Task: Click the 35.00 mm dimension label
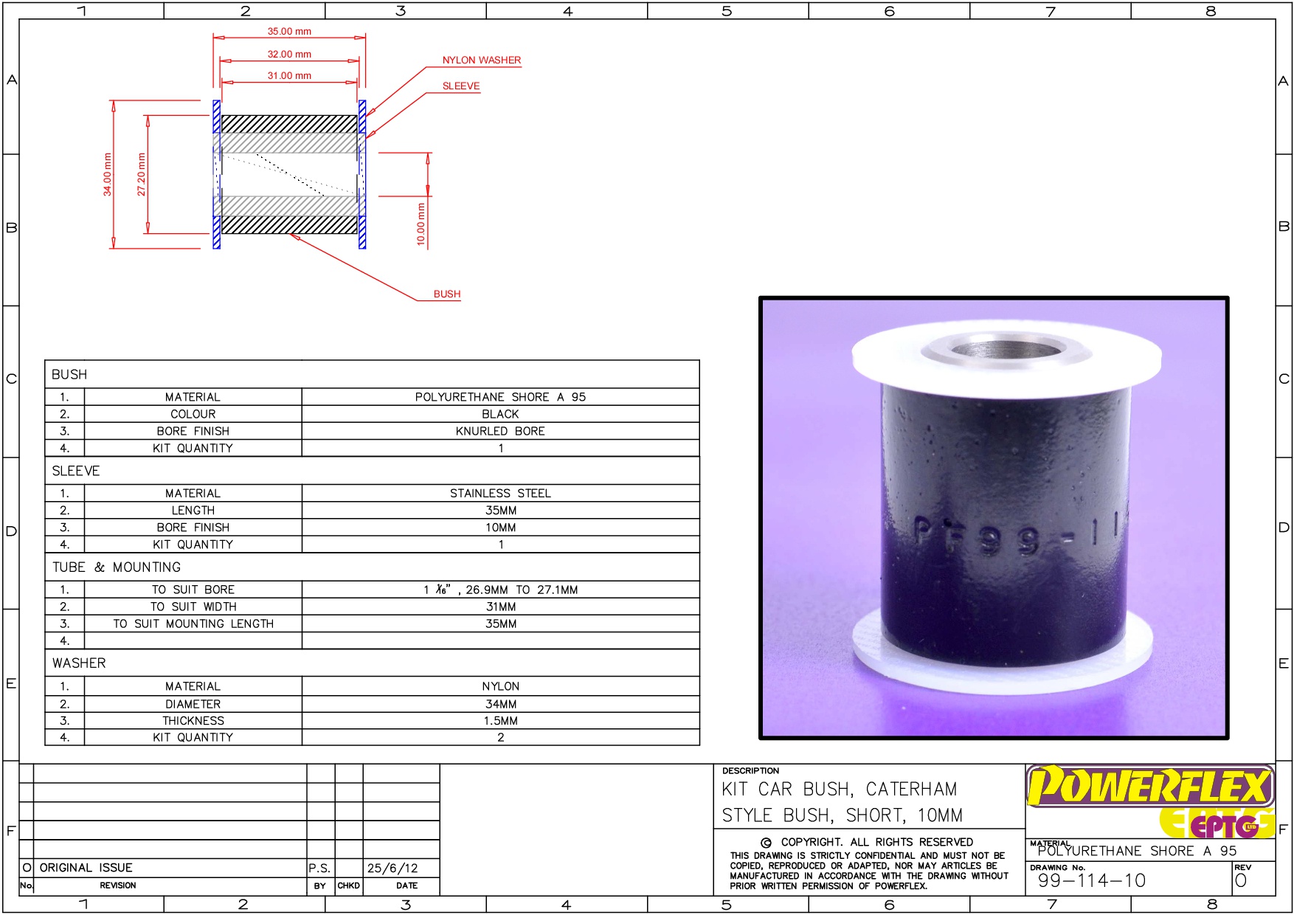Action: (289, 32)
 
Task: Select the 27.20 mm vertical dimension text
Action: (142, 174)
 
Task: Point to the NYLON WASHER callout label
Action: (481, 61)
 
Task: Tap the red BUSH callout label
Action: (446, 294)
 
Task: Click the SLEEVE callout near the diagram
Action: (461, 86)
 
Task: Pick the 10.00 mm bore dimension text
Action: (421, 224)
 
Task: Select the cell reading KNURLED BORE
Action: (500, 432)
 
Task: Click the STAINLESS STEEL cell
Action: (500, 494)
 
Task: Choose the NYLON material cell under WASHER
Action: (500, 687)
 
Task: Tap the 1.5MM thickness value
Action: (500, 721)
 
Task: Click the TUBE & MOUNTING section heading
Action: (117, 567)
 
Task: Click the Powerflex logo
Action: (1149, 787)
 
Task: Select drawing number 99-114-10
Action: (1091, 880)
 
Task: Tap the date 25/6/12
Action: (392, 869)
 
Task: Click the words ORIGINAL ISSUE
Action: (86, 869)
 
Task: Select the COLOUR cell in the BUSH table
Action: (193, 415)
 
